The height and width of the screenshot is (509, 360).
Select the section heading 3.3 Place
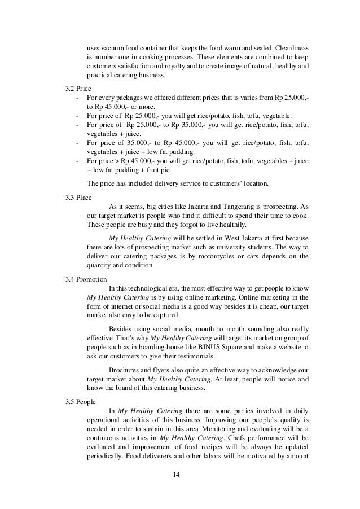78,197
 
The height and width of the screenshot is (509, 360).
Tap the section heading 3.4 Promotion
85,279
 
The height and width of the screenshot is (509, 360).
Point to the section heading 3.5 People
80,401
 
